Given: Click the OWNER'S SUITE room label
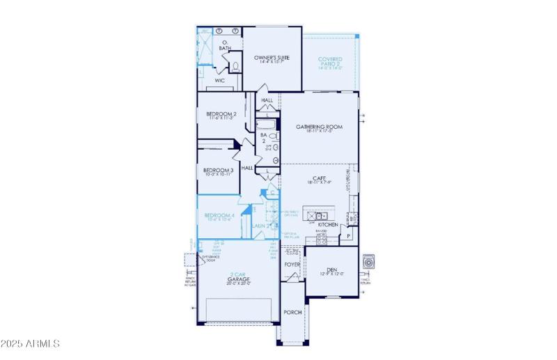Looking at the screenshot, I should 272,58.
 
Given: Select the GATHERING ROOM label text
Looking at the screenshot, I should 320,127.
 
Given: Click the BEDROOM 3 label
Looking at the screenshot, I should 218,171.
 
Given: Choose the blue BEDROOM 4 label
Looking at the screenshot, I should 219,216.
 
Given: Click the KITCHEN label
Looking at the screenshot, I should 327,225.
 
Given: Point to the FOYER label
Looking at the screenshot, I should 292,265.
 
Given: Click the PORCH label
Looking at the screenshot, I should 292,312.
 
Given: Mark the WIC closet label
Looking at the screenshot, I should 219,81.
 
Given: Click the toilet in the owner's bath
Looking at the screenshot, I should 235,67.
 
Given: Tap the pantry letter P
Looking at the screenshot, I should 349,237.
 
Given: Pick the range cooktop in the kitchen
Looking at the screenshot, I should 322,238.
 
